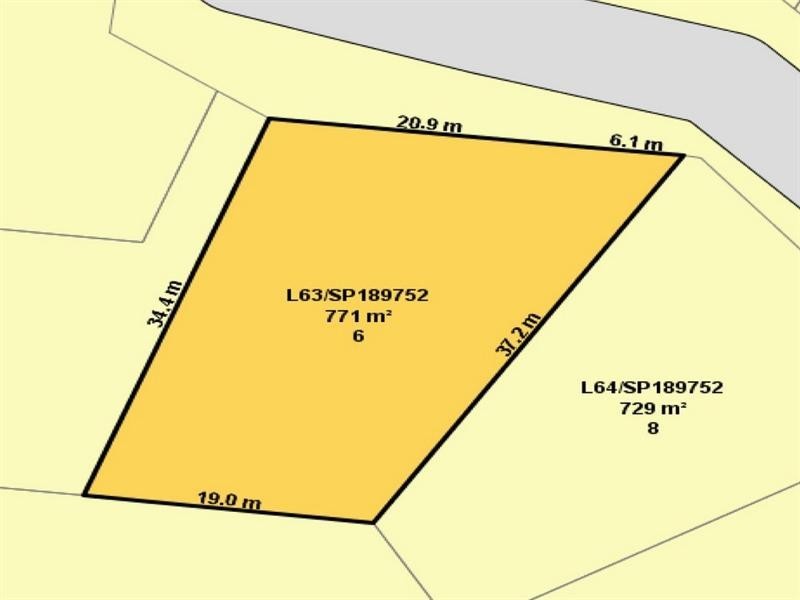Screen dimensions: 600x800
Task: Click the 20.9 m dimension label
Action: (429, 125)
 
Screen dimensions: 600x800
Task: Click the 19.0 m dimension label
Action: (230, 501)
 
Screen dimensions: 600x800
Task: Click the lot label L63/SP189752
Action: (357, 296)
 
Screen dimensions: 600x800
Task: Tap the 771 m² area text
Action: (357, 316)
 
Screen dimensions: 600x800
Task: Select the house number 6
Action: (357, 337)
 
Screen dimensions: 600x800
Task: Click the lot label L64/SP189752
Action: (652, 388)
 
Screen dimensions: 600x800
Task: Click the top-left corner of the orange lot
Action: (269, 119)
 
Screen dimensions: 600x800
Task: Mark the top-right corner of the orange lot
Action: (683, 155)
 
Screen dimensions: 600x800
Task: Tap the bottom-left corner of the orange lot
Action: (84, 494)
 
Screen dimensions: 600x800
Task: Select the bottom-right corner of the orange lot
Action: (373, 522)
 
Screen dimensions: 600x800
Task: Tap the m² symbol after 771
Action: (378, 316)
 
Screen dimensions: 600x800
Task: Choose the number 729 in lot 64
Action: (636, 408)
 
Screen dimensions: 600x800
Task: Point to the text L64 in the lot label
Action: (597, 388)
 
